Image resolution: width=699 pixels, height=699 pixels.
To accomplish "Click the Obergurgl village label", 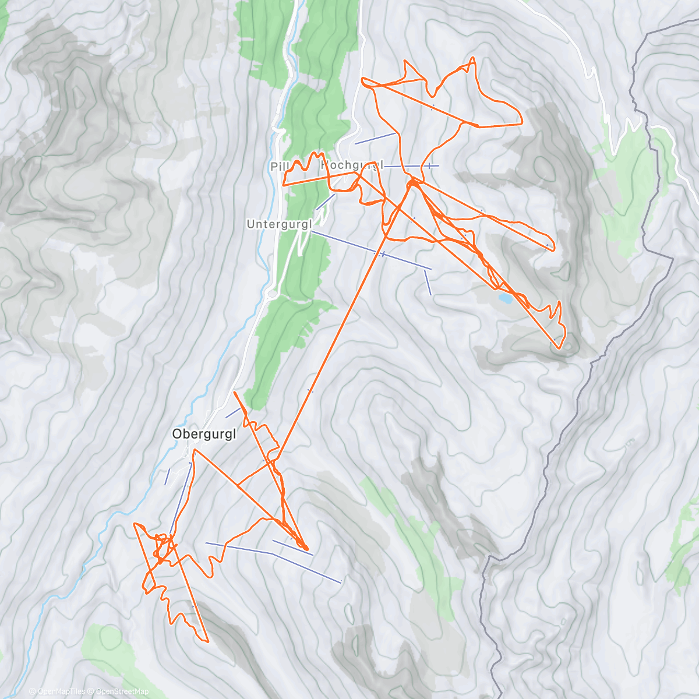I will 203,434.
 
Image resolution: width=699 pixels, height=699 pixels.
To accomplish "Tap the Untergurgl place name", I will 280,224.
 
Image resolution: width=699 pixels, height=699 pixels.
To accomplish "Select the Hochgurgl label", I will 352,165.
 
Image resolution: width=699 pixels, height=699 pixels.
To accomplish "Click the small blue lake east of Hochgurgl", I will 505,298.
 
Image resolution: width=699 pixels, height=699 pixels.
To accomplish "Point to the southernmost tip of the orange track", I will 207,641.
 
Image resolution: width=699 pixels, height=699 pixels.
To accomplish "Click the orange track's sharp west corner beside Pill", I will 284,185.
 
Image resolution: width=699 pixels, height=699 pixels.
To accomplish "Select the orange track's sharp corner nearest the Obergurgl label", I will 195,450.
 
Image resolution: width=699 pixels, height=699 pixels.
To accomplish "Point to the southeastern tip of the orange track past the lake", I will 559,348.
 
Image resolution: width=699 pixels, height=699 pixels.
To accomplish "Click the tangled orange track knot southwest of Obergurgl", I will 163,548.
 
